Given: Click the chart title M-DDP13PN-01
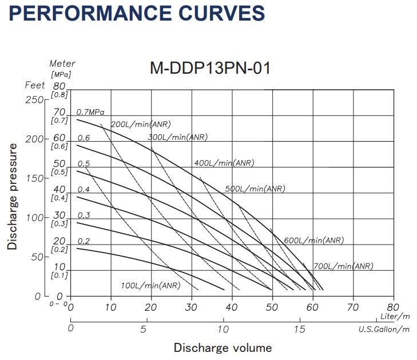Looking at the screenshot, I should (209, 69).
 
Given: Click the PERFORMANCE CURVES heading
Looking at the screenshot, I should (137, 13).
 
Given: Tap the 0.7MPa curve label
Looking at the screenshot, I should (94, 112).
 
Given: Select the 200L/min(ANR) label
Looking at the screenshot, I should (141, 124).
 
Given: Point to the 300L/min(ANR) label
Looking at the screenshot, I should (177, 137).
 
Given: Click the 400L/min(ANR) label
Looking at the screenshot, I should (224, 163).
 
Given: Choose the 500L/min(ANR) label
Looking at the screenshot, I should (255, 189).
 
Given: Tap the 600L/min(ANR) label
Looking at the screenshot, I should (314, 241).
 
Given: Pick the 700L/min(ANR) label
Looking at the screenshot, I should (343, 266).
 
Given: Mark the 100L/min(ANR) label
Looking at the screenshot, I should (150, 285).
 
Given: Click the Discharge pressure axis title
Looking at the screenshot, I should (12, 196).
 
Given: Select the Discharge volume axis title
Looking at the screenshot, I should (223, 347).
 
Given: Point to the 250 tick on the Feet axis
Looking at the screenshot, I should (35, 99).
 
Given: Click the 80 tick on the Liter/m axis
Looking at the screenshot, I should (393, 307).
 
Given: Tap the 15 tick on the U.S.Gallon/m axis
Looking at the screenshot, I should (299, 329).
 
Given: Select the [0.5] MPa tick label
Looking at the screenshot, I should (59, 172).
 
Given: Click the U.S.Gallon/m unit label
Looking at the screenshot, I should (384, 329).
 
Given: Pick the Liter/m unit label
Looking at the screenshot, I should (395, 316).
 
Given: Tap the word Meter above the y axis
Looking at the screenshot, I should (62, 64).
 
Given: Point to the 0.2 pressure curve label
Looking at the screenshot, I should (84, 241).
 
